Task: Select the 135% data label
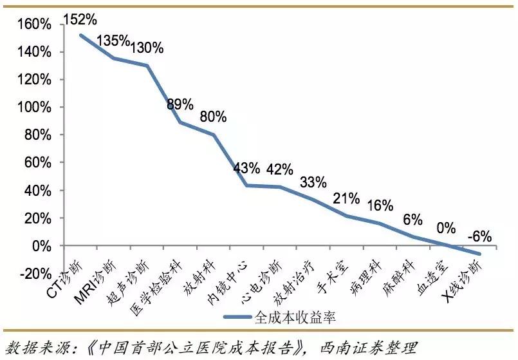click(113, 41)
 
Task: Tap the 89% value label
click(180, 104)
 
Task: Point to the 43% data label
click(246, 169)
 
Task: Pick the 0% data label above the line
click(445, 229)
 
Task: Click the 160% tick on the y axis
click(37, 24)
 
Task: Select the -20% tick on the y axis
click(37, 274)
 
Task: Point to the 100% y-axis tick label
click(37, 108)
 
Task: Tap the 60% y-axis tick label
click(39, 163)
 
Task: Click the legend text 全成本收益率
click(294, 317)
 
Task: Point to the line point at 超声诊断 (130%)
click(147, 66)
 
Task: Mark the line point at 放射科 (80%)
click(213, 135)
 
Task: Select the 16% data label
click(380, 206)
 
